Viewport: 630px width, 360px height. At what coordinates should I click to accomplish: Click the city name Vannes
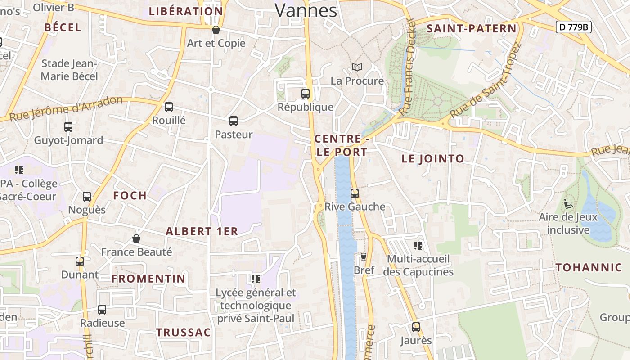pos(306,10)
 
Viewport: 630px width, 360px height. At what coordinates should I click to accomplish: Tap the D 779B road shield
pos(573,27)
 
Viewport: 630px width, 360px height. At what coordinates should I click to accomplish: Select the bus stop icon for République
pos(306,94)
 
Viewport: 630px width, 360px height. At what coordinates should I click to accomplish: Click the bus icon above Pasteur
pos(233,121)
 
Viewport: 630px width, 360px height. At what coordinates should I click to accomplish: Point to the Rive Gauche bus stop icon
pos(355,193)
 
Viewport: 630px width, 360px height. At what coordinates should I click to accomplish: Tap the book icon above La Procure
pos(357,67)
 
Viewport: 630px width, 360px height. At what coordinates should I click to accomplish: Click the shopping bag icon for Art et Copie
pos(216,30)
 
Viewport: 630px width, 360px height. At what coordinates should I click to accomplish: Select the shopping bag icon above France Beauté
pos(136,238)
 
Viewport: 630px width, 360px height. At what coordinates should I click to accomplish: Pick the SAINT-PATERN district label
pos(472,29)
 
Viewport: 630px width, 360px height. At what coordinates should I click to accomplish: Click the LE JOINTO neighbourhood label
pos(433,158)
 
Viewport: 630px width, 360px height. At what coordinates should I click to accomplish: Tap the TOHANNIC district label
pos(589,268)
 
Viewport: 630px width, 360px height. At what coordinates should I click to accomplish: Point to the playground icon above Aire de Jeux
pos(568,204)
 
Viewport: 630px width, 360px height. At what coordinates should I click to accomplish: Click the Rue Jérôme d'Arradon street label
pos(66,109)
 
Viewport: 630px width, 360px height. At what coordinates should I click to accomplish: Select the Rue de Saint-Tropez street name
pos(485,81)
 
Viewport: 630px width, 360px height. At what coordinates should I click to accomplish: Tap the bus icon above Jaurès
pos(416,327)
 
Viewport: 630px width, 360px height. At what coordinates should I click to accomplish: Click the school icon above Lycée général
pos(256,279)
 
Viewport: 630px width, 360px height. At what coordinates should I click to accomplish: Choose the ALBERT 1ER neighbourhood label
pos(202,231)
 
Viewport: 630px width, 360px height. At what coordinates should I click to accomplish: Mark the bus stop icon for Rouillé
pos(169,107)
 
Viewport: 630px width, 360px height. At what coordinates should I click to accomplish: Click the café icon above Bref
pos(364,257)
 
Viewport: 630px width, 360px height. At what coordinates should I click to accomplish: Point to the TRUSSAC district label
pos(184,333)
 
